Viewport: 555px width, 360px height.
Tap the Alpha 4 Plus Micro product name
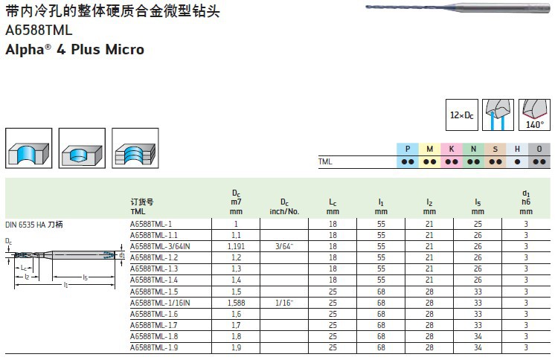coord(74,51)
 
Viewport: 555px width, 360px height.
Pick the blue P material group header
coord(407,149)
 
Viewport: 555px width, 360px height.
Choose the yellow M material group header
coord(429,149)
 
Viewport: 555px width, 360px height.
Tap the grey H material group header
coord(517,149)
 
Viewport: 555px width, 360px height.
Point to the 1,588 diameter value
coord(236,303)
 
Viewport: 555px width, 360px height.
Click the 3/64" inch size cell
coord(283,246)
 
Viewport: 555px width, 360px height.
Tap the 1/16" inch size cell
coord(283,303)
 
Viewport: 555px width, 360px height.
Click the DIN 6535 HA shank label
coord(34,224)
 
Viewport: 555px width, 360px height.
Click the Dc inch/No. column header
coord(283,206)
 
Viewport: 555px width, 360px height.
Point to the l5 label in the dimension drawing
coord(85,277)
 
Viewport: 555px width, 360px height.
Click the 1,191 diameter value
coord(236,246)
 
